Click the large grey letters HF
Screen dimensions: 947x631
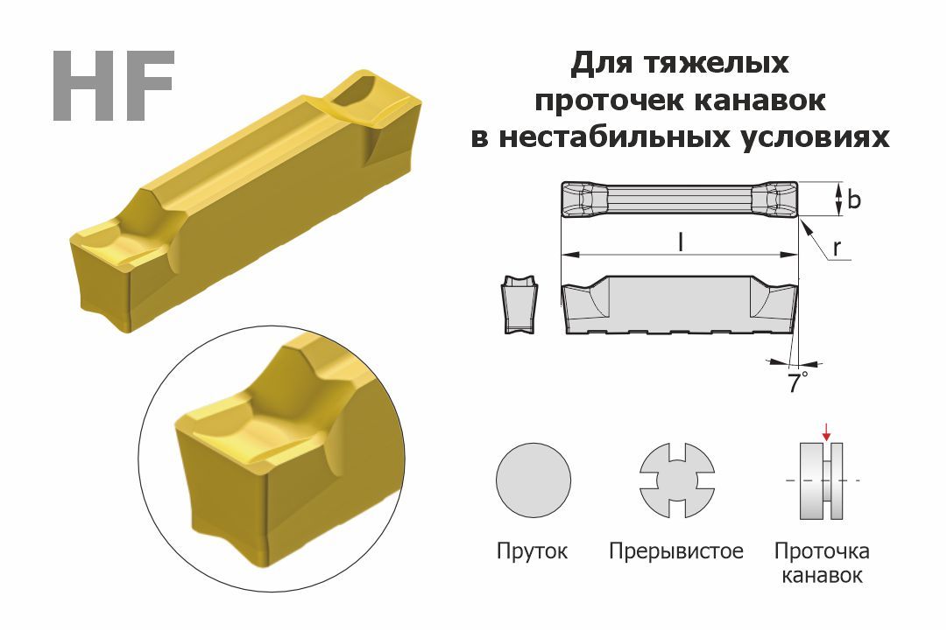point(114,86)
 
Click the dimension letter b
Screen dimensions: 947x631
point(854,199)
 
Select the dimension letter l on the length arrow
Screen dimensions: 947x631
point(681,242)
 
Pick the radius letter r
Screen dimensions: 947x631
point(837,247)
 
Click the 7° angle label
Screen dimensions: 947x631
point(797,382)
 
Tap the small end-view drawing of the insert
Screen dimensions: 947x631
point(519,305)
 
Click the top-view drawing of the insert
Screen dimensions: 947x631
point(680,199)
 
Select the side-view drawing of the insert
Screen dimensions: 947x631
point(680,305)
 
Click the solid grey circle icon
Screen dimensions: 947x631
point(534,480)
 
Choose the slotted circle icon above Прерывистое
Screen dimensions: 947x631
point(677,480)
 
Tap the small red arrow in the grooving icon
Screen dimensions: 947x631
point(826,432)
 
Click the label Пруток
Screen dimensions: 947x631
point(532,551)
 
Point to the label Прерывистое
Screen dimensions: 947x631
point(675,551)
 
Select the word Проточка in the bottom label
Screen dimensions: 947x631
point(822,551)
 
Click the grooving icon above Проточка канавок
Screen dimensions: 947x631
point(822,480)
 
